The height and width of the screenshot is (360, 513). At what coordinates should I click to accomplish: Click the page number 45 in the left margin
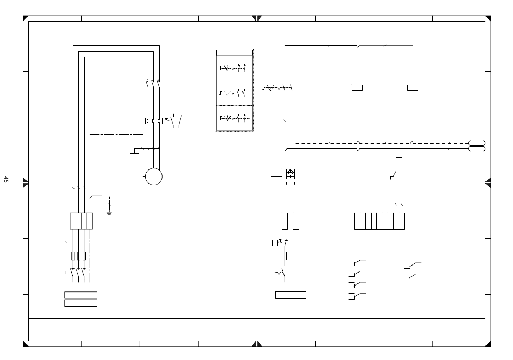click(6, 180)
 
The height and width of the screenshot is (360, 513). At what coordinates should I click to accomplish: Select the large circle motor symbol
click(154, 176)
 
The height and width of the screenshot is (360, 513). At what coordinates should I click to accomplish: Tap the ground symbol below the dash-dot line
click(109, 213)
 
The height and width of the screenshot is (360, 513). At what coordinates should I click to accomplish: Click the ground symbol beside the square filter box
click(271, 188)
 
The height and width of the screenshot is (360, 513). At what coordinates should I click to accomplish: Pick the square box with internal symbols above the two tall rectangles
click(291, 176)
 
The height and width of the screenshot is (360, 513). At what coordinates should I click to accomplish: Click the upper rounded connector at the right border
click(477, 143)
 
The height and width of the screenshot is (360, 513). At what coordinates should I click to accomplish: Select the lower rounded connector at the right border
click(477, 149)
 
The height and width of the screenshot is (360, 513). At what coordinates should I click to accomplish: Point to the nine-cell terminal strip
click(380, 221)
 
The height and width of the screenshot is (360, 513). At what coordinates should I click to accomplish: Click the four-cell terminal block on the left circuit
click(82, 221)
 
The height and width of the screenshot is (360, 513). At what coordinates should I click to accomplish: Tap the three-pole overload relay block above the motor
click(154, 121)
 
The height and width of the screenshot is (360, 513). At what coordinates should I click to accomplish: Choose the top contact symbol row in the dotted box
click(233, 68)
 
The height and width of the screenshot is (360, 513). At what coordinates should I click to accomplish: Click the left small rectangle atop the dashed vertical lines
click(357, 87)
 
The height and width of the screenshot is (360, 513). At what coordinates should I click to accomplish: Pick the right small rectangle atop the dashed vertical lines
click(413, 87)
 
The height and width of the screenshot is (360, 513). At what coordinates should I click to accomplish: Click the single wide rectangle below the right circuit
click(291, 295)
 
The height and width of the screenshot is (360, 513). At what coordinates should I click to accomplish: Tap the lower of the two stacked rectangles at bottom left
click(81, 303)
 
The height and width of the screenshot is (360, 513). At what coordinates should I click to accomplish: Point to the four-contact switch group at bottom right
click(357, 280)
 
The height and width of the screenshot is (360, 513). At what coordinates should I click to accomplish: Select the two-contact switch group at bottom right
click(413, 271)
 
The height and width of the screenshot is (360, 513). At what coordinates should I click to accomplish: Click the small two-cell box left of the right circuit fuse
click(273, 243)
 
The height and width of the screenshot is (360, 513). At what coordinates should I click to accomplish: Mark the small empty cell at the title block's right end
click(467, 336)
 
